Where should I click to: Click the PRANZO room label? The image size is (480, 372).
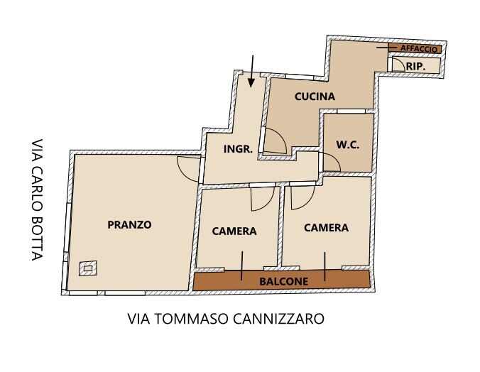(x=129, y=225)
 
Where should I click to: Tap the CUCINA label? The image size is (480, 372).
(x=315, y=97)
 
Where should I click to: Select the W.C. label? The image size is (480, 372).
(x=348, y=145)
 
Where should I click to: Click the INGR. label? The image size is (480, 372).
(x=238, y=149)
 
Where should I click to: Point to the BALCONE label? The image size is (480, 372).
(x=284, y=281)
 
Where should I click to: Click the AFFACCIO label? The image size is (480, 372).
(x=419, y=49)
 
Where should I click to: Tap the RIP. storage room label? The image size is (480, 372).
(x=415, y=66)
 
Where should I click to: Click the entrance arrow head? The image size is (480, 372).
(x=251, y=83)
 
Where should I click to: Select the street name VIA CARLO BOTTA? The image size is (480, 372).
(x=37, y=199)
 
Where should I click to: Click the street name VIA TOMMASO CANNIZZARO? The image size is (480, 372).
(x=226, y=319)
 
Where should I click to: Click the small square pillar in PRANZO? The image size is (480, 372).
(x=88, y=268)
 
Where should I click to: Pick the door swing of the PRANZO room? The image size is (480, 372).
(x=188, y=169)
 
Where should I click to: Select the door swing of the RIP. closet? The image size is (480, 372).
(x=398, y=65)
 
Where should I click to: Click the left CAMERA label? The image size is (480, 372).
(x=234, y=231)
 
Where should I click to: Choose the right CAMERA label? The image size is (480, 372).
(x=326, y=228)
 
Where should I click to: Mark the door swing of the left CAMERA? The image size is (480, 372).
(x=263, y=199)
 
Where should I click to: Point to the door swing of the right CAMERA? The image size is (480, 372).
(x=302, y=197)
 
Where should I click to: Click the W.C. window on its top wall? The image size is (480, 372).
(x=351, y=111)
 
